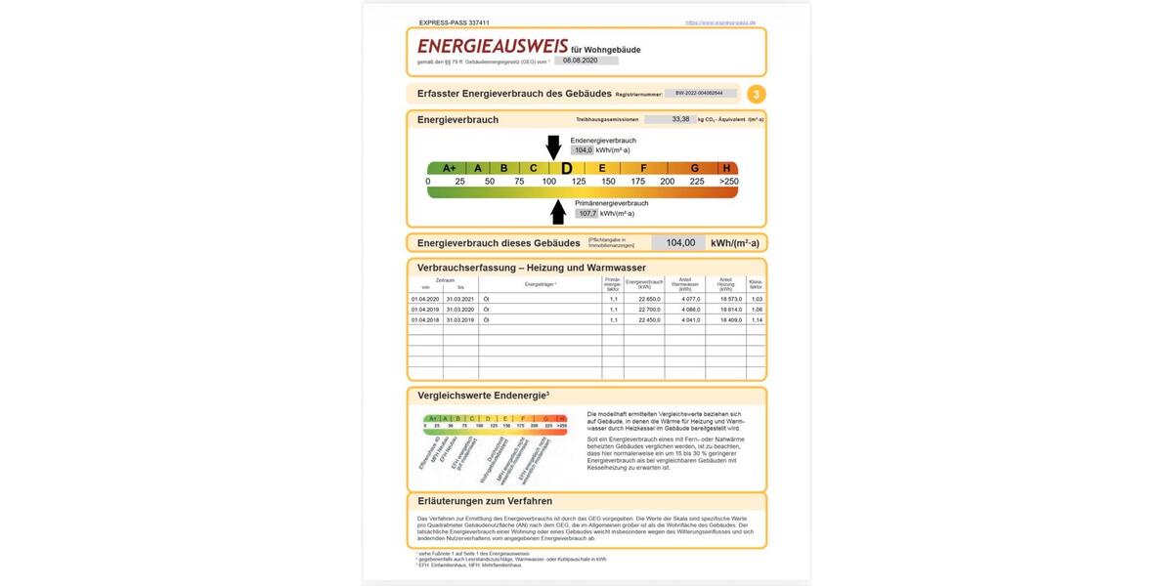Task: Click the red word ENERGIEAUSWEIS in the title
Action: click(492, 46)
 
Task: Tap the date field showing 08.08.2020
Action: click(586, 61)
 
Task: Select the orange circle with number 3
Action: click(757, 95)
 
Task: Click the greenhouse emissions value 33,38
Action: click(680, 119)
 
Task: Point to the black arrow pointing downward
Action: click(553, 147)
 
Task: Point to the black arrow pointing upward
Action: click(558, 211)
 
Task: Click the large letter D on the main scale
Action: click(566, 168)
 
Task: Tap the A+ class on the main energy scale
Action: click(449, 168)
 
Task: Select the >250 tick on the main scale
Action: click(728, 182)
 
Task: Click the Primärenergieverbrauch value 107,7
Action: click(587, 213)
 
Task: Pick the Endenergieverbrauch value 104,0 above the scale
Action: click(583, 150)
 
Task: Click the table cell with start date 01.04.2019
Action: click(425, 310)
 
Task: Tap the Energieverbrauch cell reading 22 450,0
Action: click(644, 320)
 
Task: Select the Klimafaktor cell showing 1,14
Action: click(757, 320)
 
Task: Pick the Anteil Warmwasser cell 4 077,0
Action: click(685, 299)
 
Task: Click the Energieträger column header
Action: click(540, 284)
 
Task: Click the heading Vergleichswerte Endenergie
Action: click(483, 396)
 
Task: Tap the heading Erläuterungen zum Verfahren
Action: click(485, 501)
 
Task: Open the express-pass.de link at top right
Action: click(720, 22)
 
